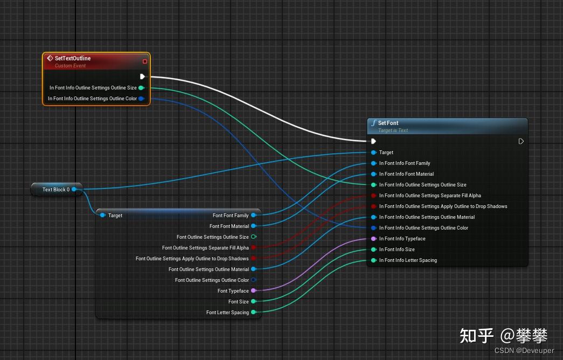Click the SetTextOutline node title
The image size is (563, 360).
(73, 58)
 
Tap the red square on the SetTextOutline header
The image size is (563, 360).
(144, 61)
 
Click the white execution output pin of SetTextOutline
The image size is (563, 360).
(142, 77)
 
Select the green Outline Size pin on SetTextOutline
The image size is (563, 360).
(141, 88)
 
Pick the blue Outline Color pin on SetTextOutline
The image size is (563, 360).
(141, 99)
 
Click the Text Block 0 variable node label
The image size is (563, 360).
(55, 190)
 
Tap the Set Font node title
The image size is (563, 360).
(388, 123)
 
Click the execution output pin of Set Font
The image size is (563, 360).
(521, 141)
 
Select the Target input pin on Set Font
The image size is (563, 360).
(373, 153)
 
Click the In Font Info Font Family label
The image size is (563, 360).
(404, 163)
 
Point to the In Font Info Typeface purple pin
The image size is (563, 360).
(373, 239)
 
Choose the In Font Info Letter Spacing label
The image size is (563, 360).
(408, 260)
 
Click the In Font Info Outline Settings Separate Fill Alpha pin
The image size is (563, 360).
(373, 196)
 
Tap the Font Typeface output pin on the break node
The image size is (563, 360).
(253, 290)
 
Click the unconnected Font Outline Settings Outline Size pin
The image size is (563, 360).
(253, 237)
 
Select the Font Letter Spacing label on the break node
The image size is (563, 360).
(227, 313)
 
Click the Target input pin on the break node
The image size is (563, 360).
(102, 216)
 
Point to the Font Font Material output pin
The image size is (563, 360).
(253, 226)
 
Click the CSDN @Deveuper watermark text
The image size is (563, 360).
(524, 350)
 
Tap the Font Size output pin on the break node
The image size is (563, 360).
(253, 302)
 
